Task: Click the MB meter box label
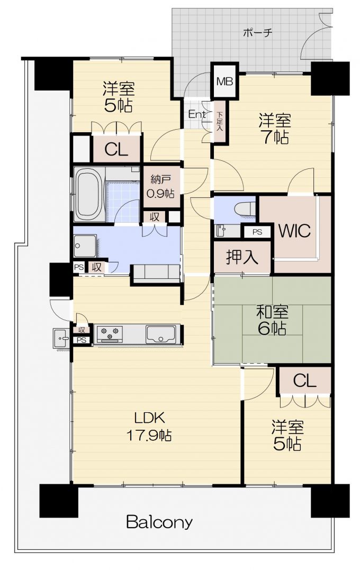pyautogui.click(x=224, y=81)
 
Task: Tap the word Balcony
pyautogui.click(x=159, y=523)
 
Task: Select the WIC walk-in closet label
pyautogui.click(x=294, y=230)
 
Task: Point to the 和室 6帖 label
pyautogui.click(x=272, y=320)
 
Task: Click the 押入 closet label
pyautogui.click(x=242, y=257)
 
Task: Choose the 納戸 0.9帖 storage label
pyautogui.click(x=160, y=186)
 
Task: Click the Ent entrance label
pyautogui.click(x=197, y=114)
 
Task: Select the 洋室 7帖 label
pyautogui.click(x=275, y=129)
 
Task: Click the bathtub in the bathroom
pyautogui.click(x=89, y=194)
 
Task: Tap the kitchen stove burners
pyautogui.click(x=109, y=334)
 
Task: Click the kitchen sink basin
pyautogui.click(x=160, y=334)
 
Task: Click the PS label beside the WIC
pyautogui.click(x=257, y=232)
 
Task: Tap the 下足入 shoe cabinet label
pyautogui.click(x=219, y=121)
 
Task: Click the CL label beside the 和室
pyautogui.click(x=304, y=381)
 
